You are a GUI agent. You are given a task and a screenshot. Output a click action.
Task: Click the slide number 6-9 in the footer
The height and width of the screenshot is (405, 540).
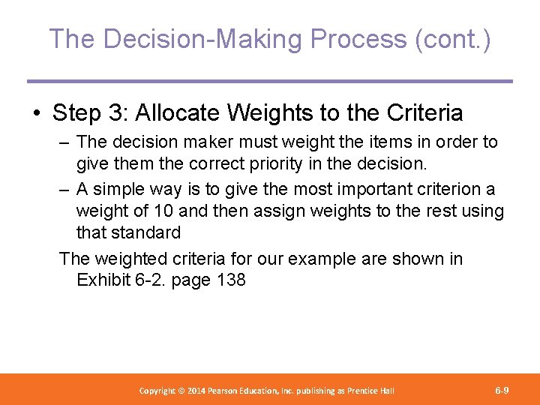(x=502, y=391)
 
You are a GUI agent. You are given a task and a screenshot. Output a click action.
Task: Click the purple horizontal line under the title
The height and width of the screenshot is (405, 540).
(x=269, y=81)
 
